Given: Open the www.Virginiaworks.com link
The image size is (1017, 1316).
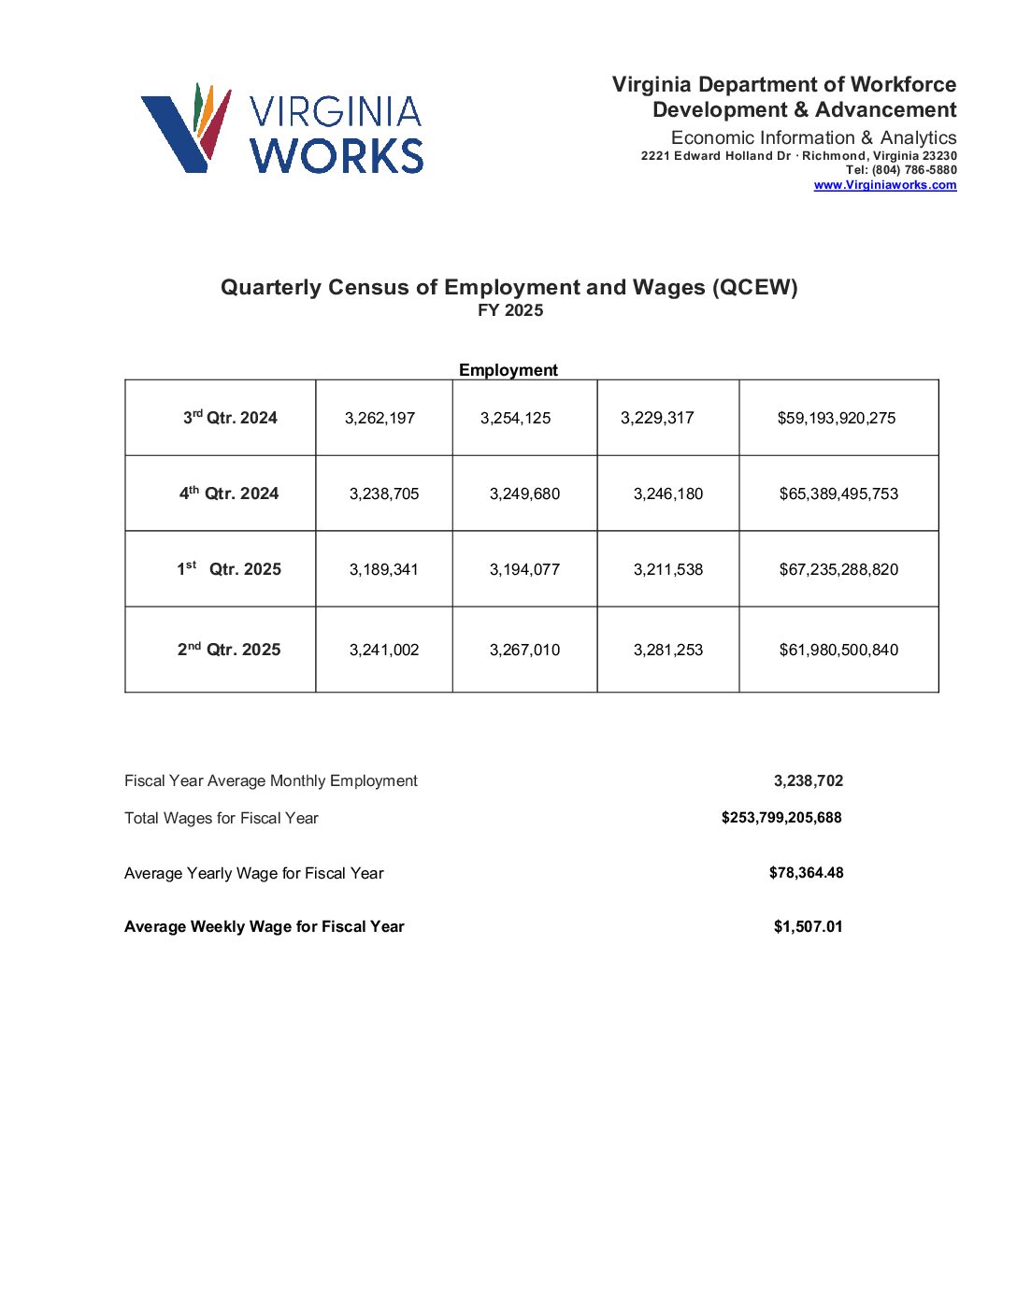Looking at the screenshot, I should (x=884, y=185).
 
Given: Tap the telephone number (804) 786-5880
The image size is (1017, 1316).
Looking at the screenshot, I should (x=914, y=170).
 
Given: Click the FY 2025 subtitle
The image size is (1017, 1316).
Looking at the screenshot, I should (x=509, y=310).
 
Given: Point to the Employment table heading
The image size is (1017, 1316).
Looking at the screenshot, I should (x=508, y=370).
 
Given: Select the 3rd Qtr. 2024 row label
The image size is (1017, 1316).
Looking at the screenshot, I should (x=230, y=418).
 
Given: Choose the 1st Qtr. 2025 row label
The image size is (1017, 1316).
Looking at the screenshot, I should (x=229, y=569).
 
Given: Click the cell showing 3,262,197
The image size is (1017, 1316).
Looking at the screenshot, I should (x=380, y=418).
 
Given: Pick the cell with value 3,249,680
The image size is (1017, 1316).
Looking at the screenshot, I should (x=524, y=493).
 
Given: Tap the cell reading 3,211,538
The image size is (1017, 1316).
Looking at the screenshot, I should (x=667, y=569).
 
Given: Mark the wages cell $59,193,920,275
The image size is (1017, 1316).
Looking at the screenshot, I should (x=836, y=418).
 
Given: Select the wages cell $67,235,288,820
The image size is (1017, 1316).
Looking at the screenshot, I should (x=838, y=569).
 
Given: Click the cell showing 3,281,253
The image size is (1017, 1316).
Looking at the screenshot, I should (x=667, y=650).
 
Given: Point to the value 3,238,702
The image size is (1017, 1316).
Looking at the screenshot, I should (x=808, y=780).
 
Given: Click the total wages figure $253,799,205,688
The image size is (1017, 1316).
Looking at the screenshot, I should (x=781, y=818).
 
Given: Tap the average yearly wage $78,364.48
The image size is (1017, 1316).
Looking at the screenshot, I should (x=806, y=873).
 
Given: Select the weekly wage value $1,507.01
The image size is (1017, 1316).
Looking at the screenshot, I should (x=808, y=926).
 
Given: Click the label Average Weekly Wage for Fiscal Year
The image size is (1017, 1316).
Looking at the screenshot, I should (x=264, y=926).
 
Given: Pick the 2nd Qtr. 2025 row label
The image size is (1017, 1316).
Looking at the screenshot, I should (x=229, y=650).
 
